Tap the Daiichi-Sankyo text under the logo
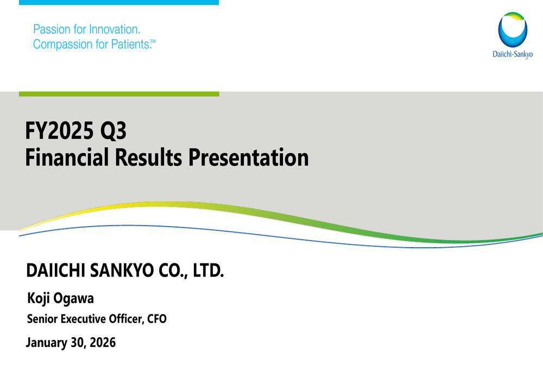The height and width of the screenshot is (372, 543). (x=512, y=54)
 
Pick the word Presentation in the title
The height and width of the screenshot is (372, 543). (x=248, y=157)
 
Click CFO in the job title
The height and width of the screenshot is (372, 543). (x=156, y=319)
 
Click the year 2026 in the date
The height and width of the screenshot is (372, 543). (x=103, y=343)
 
